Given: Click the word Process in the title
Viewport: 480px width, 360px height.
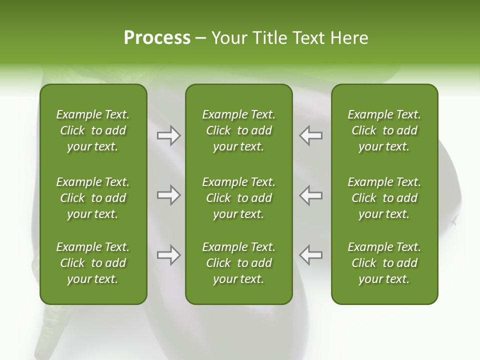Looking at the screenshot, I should (157, 38).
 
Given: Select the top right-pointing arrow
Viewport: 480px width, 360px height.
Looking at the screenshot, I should (168, 135).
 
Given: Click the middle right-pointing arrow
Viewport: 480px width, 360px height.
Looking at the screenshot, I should (168, 195).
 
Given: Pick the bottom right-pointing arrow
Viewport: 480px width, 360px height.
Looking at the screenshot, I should (168, 255).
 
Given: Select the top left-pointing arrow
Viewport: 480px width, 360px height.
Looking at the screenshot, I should (310, 135).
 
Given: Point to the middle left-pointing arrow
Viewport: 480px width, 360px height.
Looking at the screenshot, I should (310, 195).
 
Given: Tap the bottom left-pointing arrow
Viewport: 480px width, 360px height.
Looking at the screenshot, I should (310, 255).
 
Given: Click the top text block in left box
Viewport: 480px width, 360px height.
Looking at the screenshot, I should (93, 130).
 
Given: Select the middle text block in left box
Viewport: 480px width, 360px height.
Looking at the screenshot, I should (93, 198).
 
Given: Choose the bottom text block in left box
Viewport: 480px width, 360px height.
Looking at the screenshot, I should (93, 263).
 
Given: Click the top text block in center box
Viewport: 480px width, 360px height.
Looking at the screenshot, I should (238, 130).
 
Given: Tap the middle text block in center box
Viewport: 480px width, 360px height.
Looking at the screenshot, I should (238, 198).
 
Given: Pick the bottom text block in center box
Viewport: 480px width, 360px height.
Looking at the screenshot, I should (238, 263).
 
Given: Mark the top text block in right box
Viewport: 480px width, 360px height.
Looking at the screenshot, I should (384, 130).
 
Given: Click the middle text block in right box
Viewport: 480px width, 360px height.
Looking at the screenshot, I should (384, 198).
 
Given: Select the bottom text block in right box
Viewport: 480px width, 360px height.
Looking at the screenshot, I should (384, 263).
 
